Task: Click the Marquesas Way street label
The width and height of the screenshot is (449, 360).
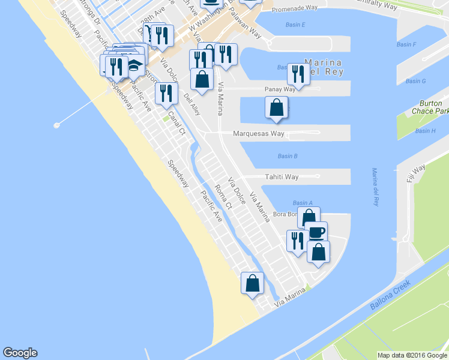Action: [259, 134]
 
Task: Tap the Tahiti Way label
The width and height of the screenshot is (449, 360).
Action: [282, 177]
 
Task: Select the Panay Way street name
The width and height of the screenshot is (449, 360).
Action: [280, 89]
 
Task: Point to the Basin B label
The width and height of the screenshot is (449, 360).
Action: [288, 157]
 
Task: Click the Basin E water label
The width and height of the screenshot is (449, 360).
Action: [295, 25]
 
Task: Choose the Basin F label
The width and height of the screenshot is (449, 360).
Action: [406, 44]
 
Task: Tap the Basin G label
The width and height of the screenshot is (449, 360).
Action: [415, 81]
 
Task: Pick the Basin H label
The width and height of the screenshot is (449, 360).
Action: [425, 131]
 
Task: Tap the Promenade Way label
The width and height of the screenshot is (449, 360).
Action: [294, 9]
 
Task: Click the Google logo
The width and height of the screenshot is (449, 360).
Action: [20, 353]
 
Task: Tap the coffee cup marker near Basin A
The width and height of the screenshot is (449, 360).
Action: [316, 232]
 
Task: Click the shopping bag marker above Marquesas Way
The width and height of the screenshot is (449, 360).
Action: [277, 107]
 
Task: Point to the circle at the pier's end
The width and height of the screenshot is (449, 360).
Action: [57, 125]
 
